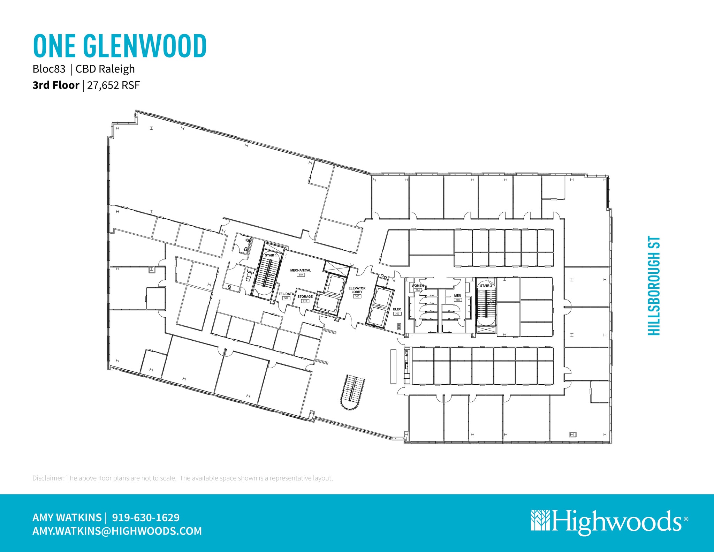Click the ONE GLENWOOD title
[120, 46]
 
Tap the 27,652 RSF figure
[113, 85]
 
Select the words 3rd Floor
[56, 85]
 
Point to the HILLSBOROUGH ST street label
[654, 286]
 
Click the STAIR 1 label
[271, 255]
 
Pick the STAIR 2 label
[486, 286]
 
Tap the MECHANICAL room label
[301, 270]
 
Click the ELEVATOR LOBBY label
[357, 290]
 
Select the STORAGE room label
[305, 297]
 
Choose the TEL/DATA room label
[286, 294]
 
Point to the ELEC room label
[397, 309]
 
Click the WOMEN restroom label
[418, 286]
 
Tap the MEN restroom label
[457, 295]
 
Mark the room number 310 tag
[301, 275]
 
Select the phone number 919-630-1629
[146, 517]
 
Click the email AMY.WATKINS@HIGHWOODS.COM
[117, 531]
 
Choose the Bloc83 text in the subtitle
[49, 69]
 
